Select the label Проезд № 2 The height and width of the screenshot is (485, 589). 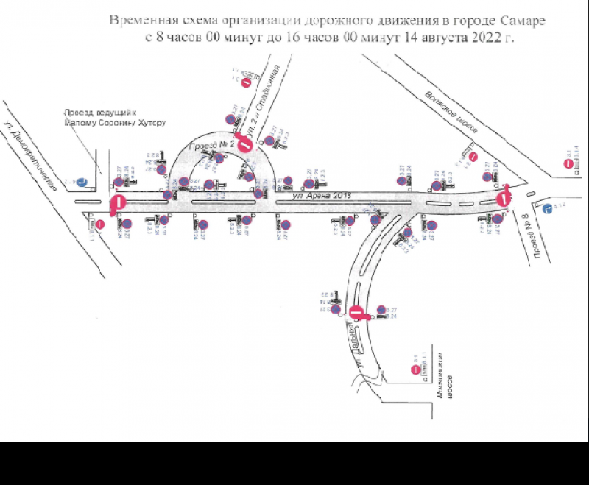212,146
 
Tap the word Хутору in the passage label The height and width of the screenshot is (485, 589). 151,123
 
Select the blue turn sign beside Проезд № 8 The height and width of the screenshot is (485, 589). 546,209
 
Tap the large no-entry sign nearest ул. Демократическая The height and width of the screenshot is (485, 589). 118,203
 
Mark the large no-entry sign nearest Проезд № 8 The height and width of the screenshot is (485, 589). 504,197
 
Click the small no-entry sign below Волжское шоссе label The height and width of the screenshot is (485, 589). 475,157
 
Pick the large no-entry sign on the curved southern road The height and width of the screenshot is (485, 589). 356,313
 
